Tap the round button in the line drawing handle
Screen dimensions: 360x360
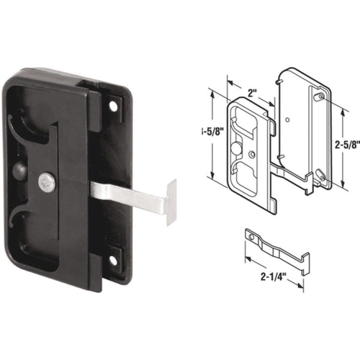238,146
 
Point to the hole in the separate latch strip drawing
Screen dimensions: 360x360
251,235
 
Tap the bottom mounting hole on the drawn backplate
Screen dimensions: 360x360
322,177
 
